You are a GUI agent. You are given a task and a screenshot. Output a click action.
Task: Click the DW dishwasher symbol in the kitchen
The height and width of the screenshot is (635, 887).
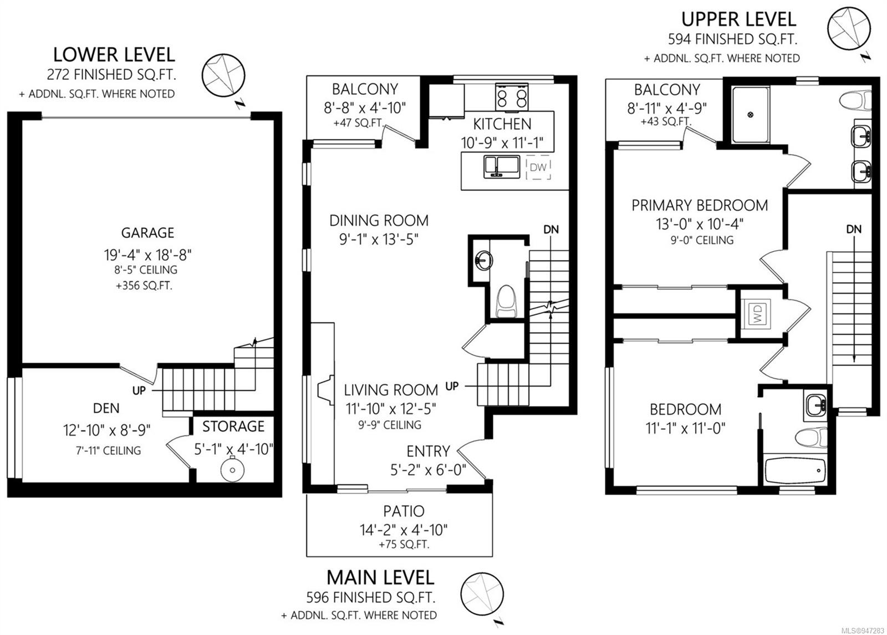[x=538, y=167]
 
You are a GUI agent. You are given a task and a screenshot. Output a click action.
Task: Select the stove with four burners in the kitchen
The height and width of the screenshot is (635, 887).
[x=512, y=96]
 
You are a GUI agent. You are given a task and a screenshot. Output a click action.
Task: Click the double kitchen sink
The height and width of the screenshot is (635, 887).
[x=502, y=167]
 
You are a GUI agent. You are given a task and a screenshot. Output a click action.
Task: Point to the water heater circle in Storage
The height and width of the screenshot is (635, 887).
[x=232, y=469]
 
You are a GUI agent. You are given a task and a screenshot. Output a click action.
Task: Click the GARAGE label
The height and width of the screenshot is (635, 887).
[x=147, y=233]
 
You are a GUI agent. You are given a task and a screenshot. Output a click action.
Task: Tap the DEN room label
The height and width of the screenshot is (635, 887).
[x=106, y=408]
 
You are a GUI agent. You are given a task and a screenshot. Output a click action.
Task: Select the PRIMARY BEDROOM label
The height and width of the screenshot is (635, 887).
[x=700, y=206]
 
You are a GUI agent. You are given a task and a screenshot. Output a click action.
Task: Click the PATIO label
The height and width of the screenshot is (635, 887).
[x=404, y=511]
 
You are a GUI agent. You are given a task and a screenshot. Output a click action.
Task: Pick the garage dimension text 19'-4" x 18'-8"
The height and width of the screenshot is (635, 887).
[x=147, y=255]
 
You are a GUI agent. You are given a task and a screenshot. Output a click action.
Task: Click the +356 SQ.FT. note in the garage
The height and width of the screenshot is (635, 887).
[x=144, y=286]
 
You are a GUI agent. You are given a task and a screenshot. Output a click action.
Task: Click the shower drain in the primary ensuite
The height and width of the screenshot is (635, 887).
[x=750, y=115]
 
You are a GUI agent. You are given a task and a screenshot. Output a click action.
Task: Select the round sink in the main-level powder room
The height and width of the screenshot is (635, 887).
[x=483, y=260]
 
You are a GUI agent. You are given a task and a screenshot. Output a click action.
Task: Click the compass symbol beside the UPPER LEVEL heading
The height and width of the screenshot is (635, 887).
[x=855, y=29]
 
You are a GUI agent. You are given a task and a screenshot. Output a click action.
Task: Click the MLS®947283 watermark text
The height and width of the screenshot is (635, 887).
[x=864, y=630]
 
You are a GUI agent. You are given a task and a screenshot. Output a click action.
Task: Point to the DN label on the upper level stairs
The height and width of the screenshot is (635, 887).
[x=854, y=230]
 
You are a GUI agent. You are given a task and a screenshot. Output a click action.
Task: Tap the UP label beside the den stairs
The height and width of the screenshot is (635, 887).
[x=139, y=390]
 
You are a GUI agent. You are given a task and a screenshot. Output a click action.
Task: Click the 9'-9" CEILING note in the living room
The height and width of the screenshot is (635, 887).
[x=390, y=425]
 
